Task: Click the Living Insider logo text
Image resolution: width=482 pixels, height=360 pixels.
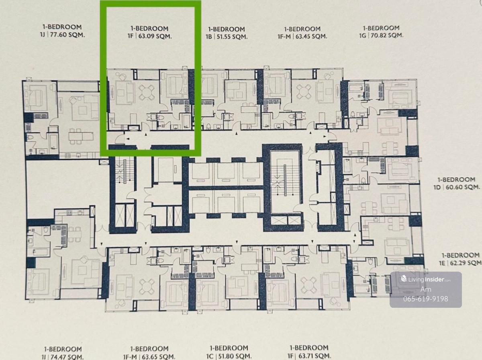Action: [x=426, y=279]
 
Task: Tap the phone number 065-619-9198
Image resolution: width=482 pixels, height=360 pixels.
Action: [x=425, y=299]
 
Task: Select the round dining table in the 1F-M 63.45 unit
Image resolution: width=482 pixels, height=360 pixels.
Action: [x=304, y=92]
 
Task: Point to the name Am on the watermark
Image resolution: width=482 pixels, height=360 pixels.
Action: [x=426, y=289]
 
